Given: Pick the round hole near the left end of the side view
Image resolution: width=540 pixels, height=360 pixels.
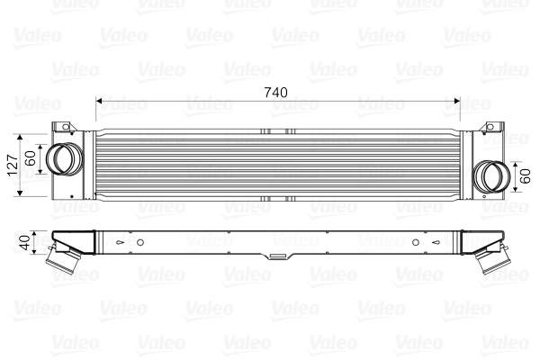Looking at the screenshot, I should (x=141, y=241).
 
